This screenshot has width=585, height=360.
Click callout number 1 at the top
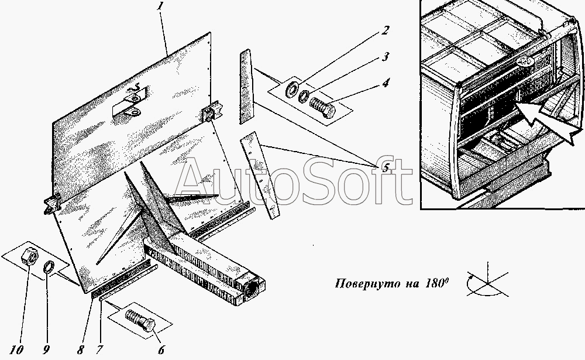pos(160,6)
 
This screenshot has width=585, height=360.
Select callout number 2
pos(385,30)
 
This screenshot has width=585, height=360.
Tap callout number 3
pos(385,57)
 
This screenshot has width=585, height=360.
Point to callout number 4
pos(386,83)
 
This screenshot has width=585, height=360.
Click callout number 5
pos(385,167)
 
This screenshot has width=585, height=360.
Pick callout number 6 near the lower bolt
pos(161,350)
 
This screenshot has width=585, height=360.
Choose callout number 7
pos(99,350)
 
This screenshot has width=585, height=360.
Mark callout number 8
pos(80,350)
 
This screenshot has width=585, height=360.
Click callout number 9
pos(46,350)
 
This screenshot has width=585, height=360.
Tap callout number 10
pos(17,350)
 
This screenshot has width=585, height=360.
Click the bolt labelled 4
pos(323,105)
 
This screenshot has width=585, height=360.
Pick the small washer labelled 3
pos(304,95)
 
